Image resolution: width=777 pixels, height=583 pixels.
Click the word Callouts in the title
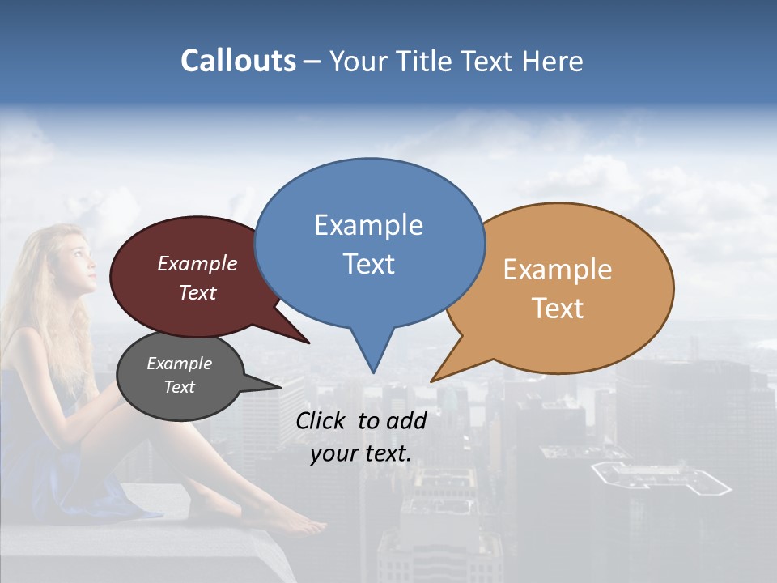click(x=238, y=61)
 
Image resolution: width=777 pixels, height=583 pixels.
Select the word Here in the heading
click(x=553, y=61)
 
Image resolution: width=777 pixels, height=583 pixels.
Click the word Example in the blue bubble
click(x=368, y=225)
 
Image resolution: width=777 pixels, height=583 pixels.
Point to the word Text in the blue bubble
click(x=368, y=264)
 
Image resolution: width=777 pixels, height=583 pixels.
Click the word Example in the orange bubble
click(x=558, y=270)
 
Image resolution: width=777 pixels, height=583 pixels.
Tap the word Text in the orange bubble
click(x=558, y=309)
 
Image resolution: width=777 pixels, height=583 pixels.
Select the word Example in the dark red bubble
click(x=197, y=264)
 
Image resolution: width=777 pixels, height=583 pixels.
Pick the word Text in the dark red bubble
click(x=197, y=292)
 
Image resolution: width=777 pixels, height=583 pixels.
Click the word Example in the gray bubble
click(x=179, y=364)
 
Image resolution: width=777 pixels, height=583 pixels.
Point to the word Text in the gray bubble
click(x=179, y=387)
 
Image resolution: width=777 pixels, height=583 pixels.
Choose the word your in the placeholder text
click(x=333, y=453)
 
